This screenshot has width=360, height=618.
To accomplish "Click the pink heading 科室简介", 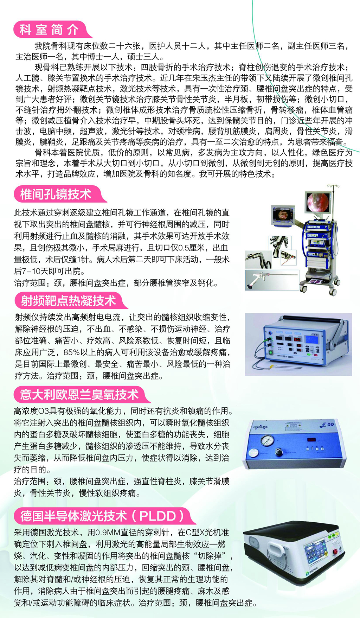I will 49,30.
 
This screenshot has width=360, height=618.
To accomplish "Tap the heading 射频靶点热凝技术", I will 68,301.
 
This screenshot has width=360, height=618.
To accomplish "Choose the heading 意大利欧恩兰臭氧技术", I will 79,395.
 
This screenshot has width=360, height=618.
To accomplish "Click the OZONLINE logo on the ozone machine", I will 261,427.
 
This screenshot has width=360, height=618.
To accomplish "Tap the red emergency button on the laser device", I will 339,551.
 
